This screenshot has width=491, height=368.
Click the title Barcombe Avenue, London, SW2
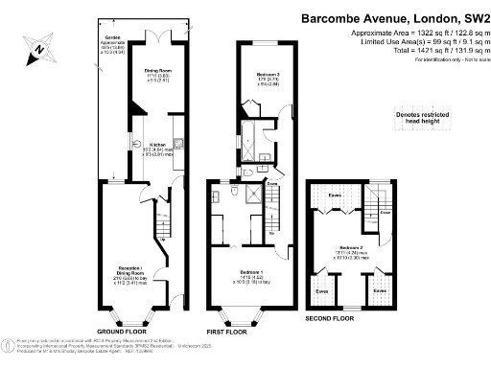tap(395, 17)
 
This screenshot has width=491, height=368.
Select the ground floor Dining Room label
tap(157, 71)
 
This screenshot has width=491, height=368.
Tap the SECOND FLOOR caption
tap(331, 316)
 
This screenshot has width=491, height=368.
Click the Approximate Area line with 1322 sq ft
tap(406, 33)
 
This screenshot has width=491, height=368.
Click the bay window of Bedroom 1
tap(233, 312)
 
